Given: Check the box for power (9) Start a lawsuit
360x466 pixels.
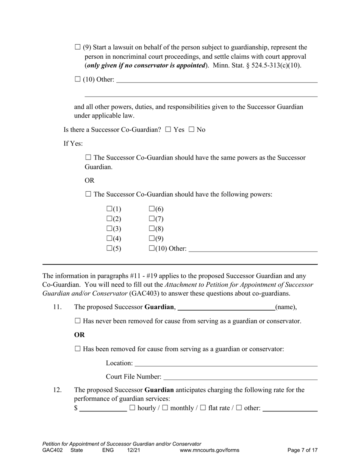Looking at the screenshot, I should [78, 47].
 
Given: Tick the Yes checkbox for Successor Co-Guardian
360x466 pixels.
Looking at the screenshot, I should [168, 130].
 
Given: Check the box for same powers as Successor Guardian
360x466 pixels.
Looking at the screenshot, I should [88, 157].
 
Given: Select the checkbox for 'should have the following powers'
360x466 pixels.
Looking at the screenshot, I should [88, 194].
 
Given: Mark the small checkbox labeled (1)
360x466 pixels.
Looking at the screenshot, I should [110, 209].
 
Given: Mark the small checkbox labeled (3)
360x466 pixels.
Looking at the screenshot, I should [110, 228].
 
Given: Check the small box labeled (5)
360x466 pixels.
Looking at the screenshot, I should [110, 248].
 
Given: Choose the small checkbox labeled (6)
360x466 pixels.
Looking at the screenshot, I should [152, 209].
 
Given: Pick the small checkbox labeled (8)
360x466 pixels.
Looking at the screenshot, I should [152, 228].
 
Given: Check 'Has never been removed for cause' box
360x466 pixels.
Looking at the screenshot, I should [78, 321].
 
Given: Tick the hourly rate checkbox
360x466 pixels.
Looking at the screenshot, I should [132, 408].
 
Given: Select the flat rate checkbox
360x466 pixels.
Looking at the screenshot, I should [203, 408].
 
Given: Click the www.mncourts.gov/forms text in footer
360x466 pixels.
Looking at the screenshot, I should [210, 450].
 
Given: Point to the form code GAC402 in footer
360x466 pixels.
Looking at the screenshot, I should [53, 450].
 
